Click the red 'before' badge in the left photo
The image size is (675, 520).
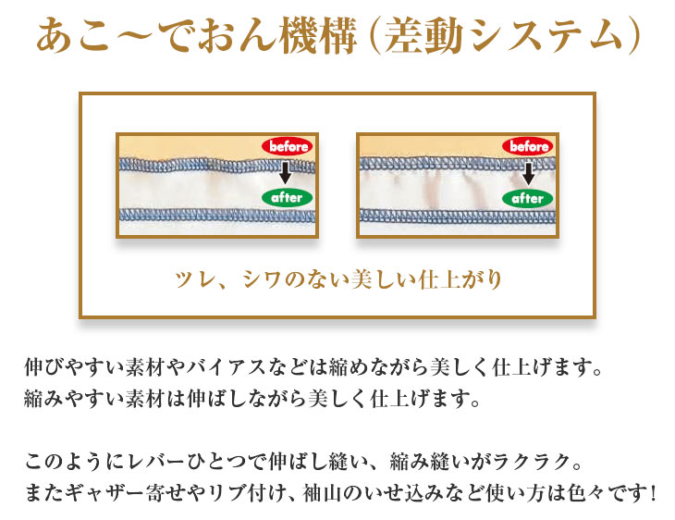point(288,146)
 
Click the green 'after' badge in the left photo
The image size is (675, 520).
point(288,198)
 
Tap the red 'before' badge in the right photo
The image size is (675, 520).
point(528,146)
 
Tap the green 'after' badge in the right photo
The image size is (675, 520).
point(528,199)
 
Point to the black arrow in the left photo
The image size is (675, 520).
point(285,172)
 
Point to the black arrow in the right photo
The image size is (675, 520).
point(528,173)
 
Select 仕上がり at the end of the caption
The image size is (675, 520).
point(460,280)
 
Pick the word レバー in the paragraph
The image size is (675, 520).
point(151,463)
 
